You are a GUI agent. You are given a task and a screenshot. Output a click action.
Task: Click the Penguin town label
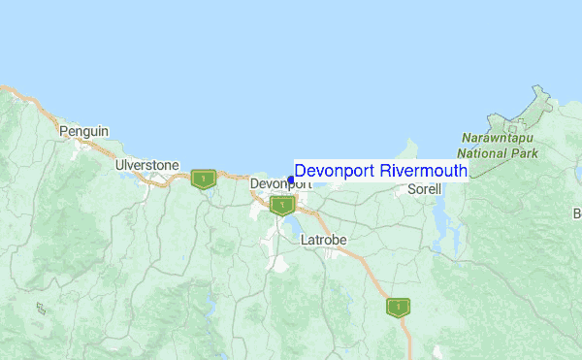[83, 131]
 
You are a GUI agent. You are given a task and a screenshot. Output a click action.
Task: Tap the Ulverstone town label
[146, 165]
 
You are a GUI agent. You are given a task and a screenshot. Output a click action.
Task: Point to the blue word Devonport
[335, 171]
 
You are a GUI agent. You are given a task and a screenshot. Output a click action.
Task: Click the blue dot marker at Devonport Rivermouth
[291, 180]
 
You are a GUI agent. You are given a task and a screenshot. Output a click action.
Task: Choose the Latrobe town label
[323, 239]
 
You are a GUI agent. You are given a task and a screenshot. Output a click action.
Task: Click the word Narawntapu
[499, 139]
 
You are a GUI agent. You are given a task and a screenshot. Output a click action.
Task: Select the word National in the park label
[483, 152]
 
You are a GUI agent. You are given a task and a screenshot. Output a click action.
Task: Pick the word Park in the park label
[523, 152]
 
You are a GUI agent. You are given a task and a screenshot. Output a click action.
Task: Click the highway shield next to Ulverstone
[204, 179]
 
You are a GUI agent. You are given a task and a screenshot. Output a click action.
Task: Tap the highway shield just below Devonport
[282, 205]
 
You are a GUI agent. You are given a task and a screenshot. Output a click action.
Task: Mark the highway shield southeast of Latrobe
[397, 307]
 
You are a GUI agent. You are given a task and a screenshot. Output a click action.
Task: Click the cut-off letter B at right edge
[577, 213]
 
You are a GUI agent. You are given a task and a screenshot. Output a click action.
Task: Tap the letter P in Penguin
[63, 131]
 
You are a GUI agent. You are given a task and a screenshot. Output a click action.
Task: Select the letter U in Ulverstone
[118, 165]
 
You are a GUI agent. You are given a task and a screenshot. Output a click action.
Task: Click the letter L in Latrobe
[305, 239]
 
